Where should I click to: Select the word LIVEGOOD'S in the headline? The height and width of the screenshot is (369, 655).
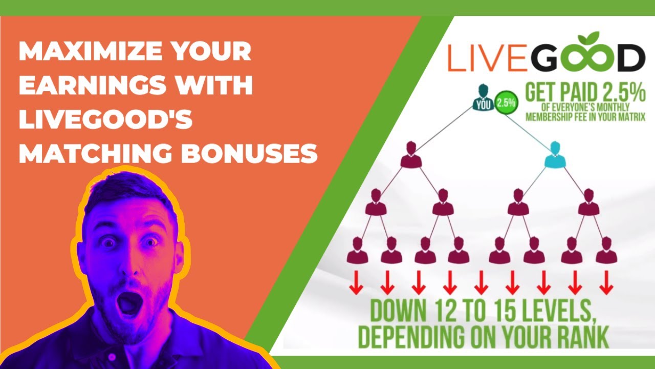pos(105,119)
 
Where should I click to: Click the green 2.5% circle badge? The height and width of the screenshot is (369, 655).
pos(506,102)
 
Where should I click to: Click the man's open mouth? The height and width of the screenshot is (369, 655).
pos(126,303)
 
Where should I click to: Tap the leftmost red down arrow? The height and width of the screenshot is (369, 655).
pos(356,283)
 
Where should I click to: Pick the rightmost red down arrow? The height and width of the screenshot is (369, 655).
pos(606,283)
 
